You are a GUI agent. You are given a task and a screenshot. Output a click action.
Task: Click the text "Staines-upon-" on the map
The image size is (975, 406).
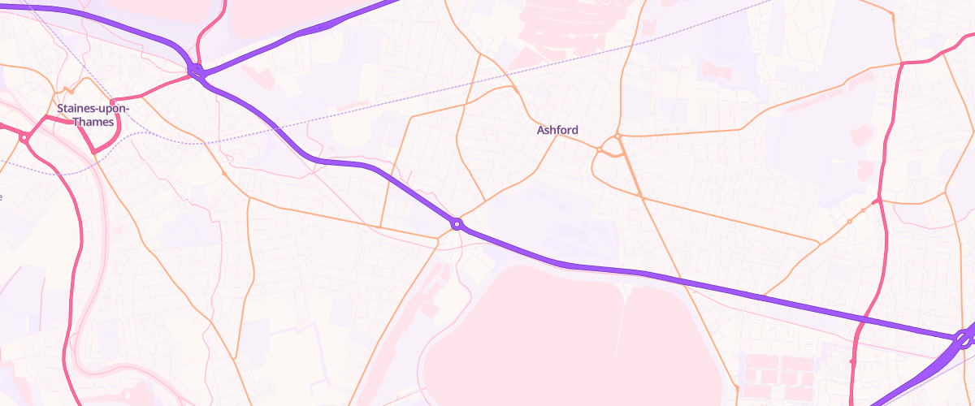[93, 107]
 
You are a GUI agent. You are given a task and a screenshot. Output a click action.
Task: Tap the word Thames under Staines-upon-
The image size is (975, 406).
[93, 122]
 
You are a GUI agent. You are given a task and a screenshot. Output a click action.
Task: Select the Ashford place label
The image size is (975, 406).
[557, 130]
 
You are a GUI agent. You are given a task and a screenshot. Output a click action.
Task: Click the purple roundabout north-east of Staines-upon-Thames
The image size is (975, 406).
[195, 71]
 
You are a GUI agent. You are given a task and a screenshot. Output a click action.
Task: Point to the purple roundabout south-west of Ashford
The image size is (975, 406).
[457, 223]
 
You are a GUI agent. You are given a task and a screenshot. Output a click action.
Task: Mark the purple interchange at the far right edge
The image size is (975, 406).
[964, 339]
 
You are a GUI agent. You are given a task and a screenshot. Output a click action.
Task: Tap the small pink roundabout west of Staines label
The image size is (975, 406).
[24, 138]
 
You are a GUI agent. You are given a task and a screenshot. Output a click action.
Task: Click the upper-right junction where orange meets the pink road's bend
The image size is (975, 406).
[902, 63]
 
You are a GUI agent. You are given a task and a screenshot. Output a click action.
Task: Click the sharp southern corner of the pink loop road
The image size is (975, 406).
[95, 152]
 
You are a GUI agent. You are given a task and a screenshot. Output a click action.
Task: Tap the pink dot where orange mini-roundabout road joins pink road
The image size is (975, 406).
[877, 200]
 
